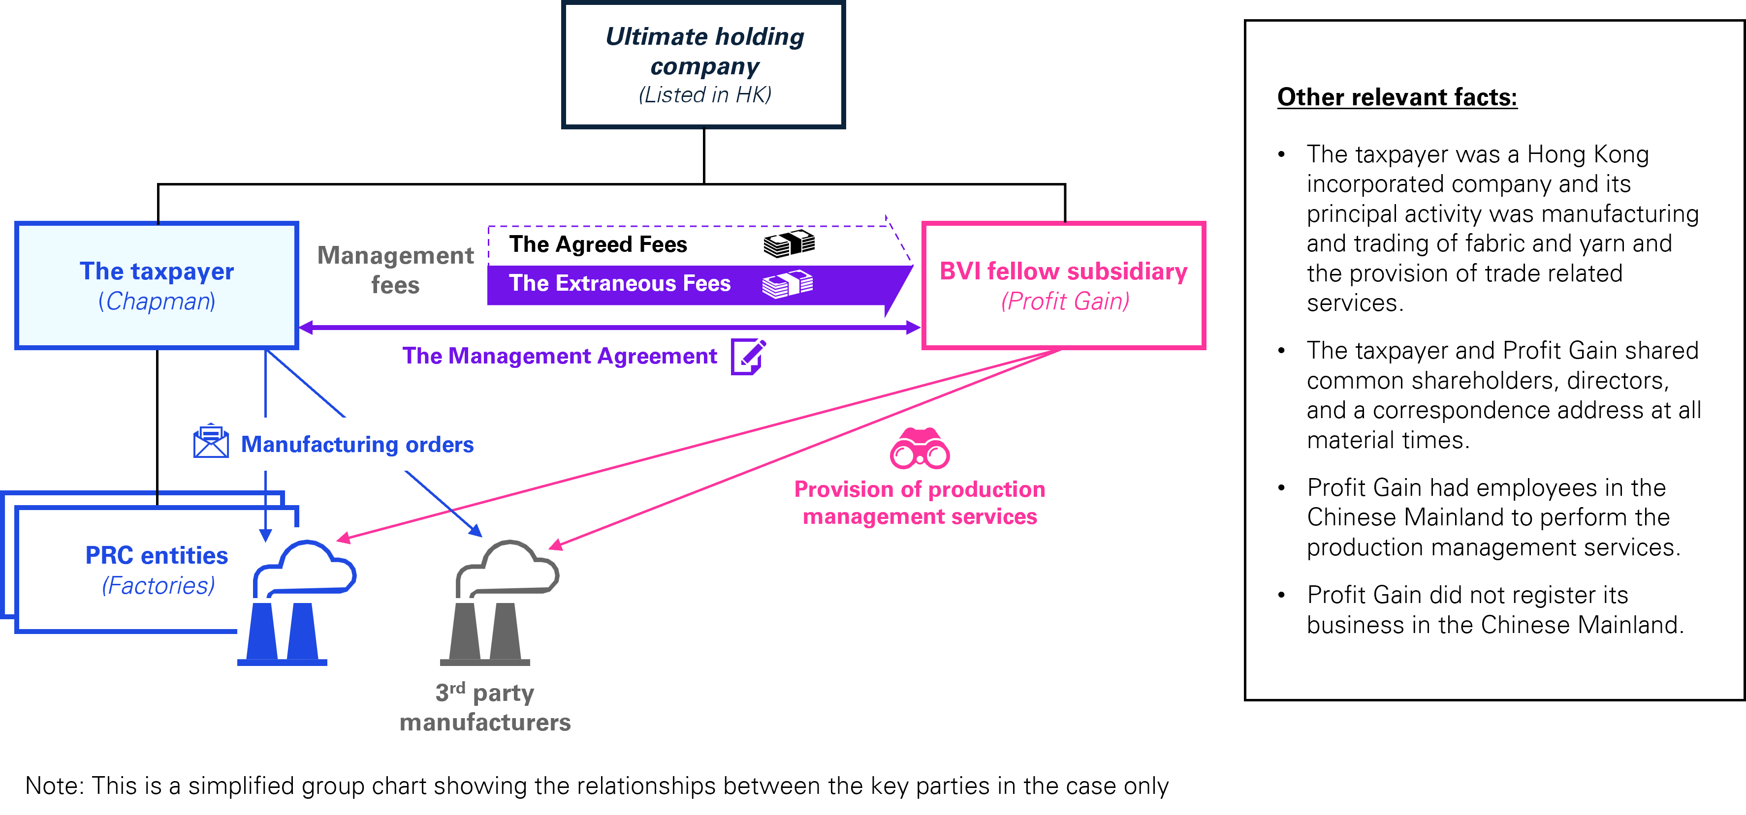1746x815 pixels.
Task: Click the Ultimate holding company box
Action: [x=703, y=64]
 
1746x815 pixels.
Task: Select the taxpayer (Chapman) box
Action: [x=157, y=285]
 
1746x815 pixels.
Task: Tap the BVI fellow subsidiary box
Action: [x=1063, y=285]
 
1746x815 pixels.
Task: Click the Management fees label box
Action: [x=395, y=270]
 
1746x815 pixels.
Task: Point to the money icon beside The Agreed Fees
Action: [x=789, y=244]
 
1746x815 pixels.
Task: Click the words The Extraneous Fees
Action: [x=620, y=283]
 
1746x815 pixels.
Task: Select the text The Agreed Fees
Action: [x=598, y=244]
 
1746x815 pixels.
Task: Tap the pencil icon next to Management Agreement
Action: [x=748, y=357]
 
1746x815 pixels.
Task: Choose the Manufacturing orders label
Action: [x=357, y=445]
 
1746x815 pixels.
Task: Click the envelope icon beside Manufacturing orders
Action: [x=211, y=442]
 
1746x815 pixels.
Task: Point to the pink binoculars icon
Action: [x=920, y=449]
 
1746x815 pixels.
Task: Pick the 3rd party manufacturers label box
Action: [x=485, y=707]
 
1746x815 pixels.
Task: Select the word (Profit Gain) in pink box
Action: [x=1065, y=302]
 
